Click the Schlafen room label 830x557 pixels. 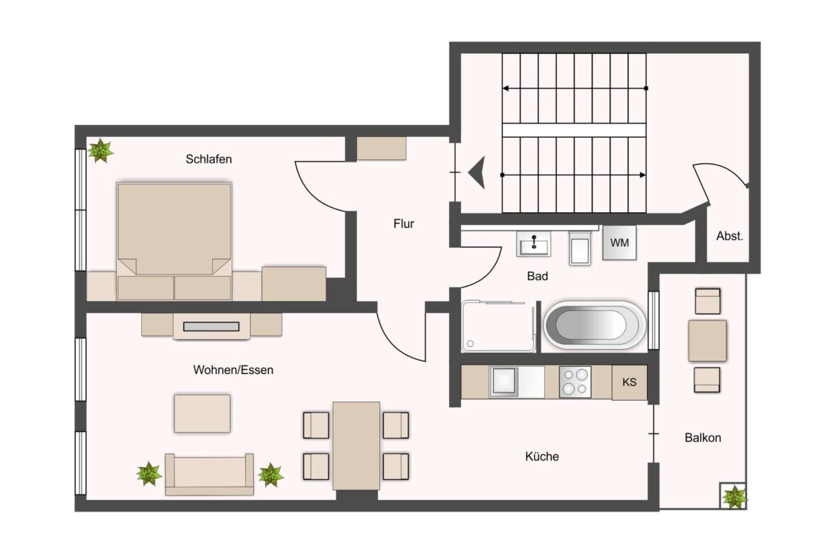pyautogui.click(x=209, y=160)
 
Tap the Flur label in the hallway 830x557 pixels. pyautogui.click(x=404, y=224)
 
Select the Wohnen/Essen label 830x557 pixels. pyautogui.click(x=233, y=370)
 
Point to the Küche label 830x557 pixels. pyautogui.click(x=542, y=456)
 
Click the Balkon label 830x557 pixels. pyautogui.click(x=702, y=438)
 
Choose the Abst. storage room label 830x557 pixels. pyautogui.click(x=729, y=236)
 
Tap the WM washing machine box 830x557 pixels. pyautogui.click(x=619, y=243)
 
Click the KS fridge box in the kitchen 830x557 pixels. pyautogui.click(x=629, y=382)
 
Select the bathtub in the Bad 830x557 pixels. pyautogui.click(x=594, y=326)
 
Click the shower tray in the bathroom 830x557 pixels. pyautogui.click(x=498, y=326)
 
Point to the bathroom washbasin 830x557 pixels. pyautogui.click(x=532, y=245)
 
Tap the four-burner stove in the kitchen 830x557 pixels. pyautogui.click(x=575, y=381)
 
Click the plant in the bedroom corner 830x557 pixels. pyautogui.click(x=100, y=150)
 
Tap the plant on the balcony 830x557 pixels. pyautogui.click(x=734, y=497)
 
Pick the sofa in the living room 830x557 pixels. pyautogui.click(x=209, y=475)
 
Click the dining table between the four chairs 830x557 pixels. pyautogui.click(x=356, y=446)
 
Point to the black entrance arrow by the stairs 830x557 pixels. pyautogui.click(x=477, y=172)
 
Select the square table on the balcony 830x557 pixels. pyautogui.click(x=707, y=341)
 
